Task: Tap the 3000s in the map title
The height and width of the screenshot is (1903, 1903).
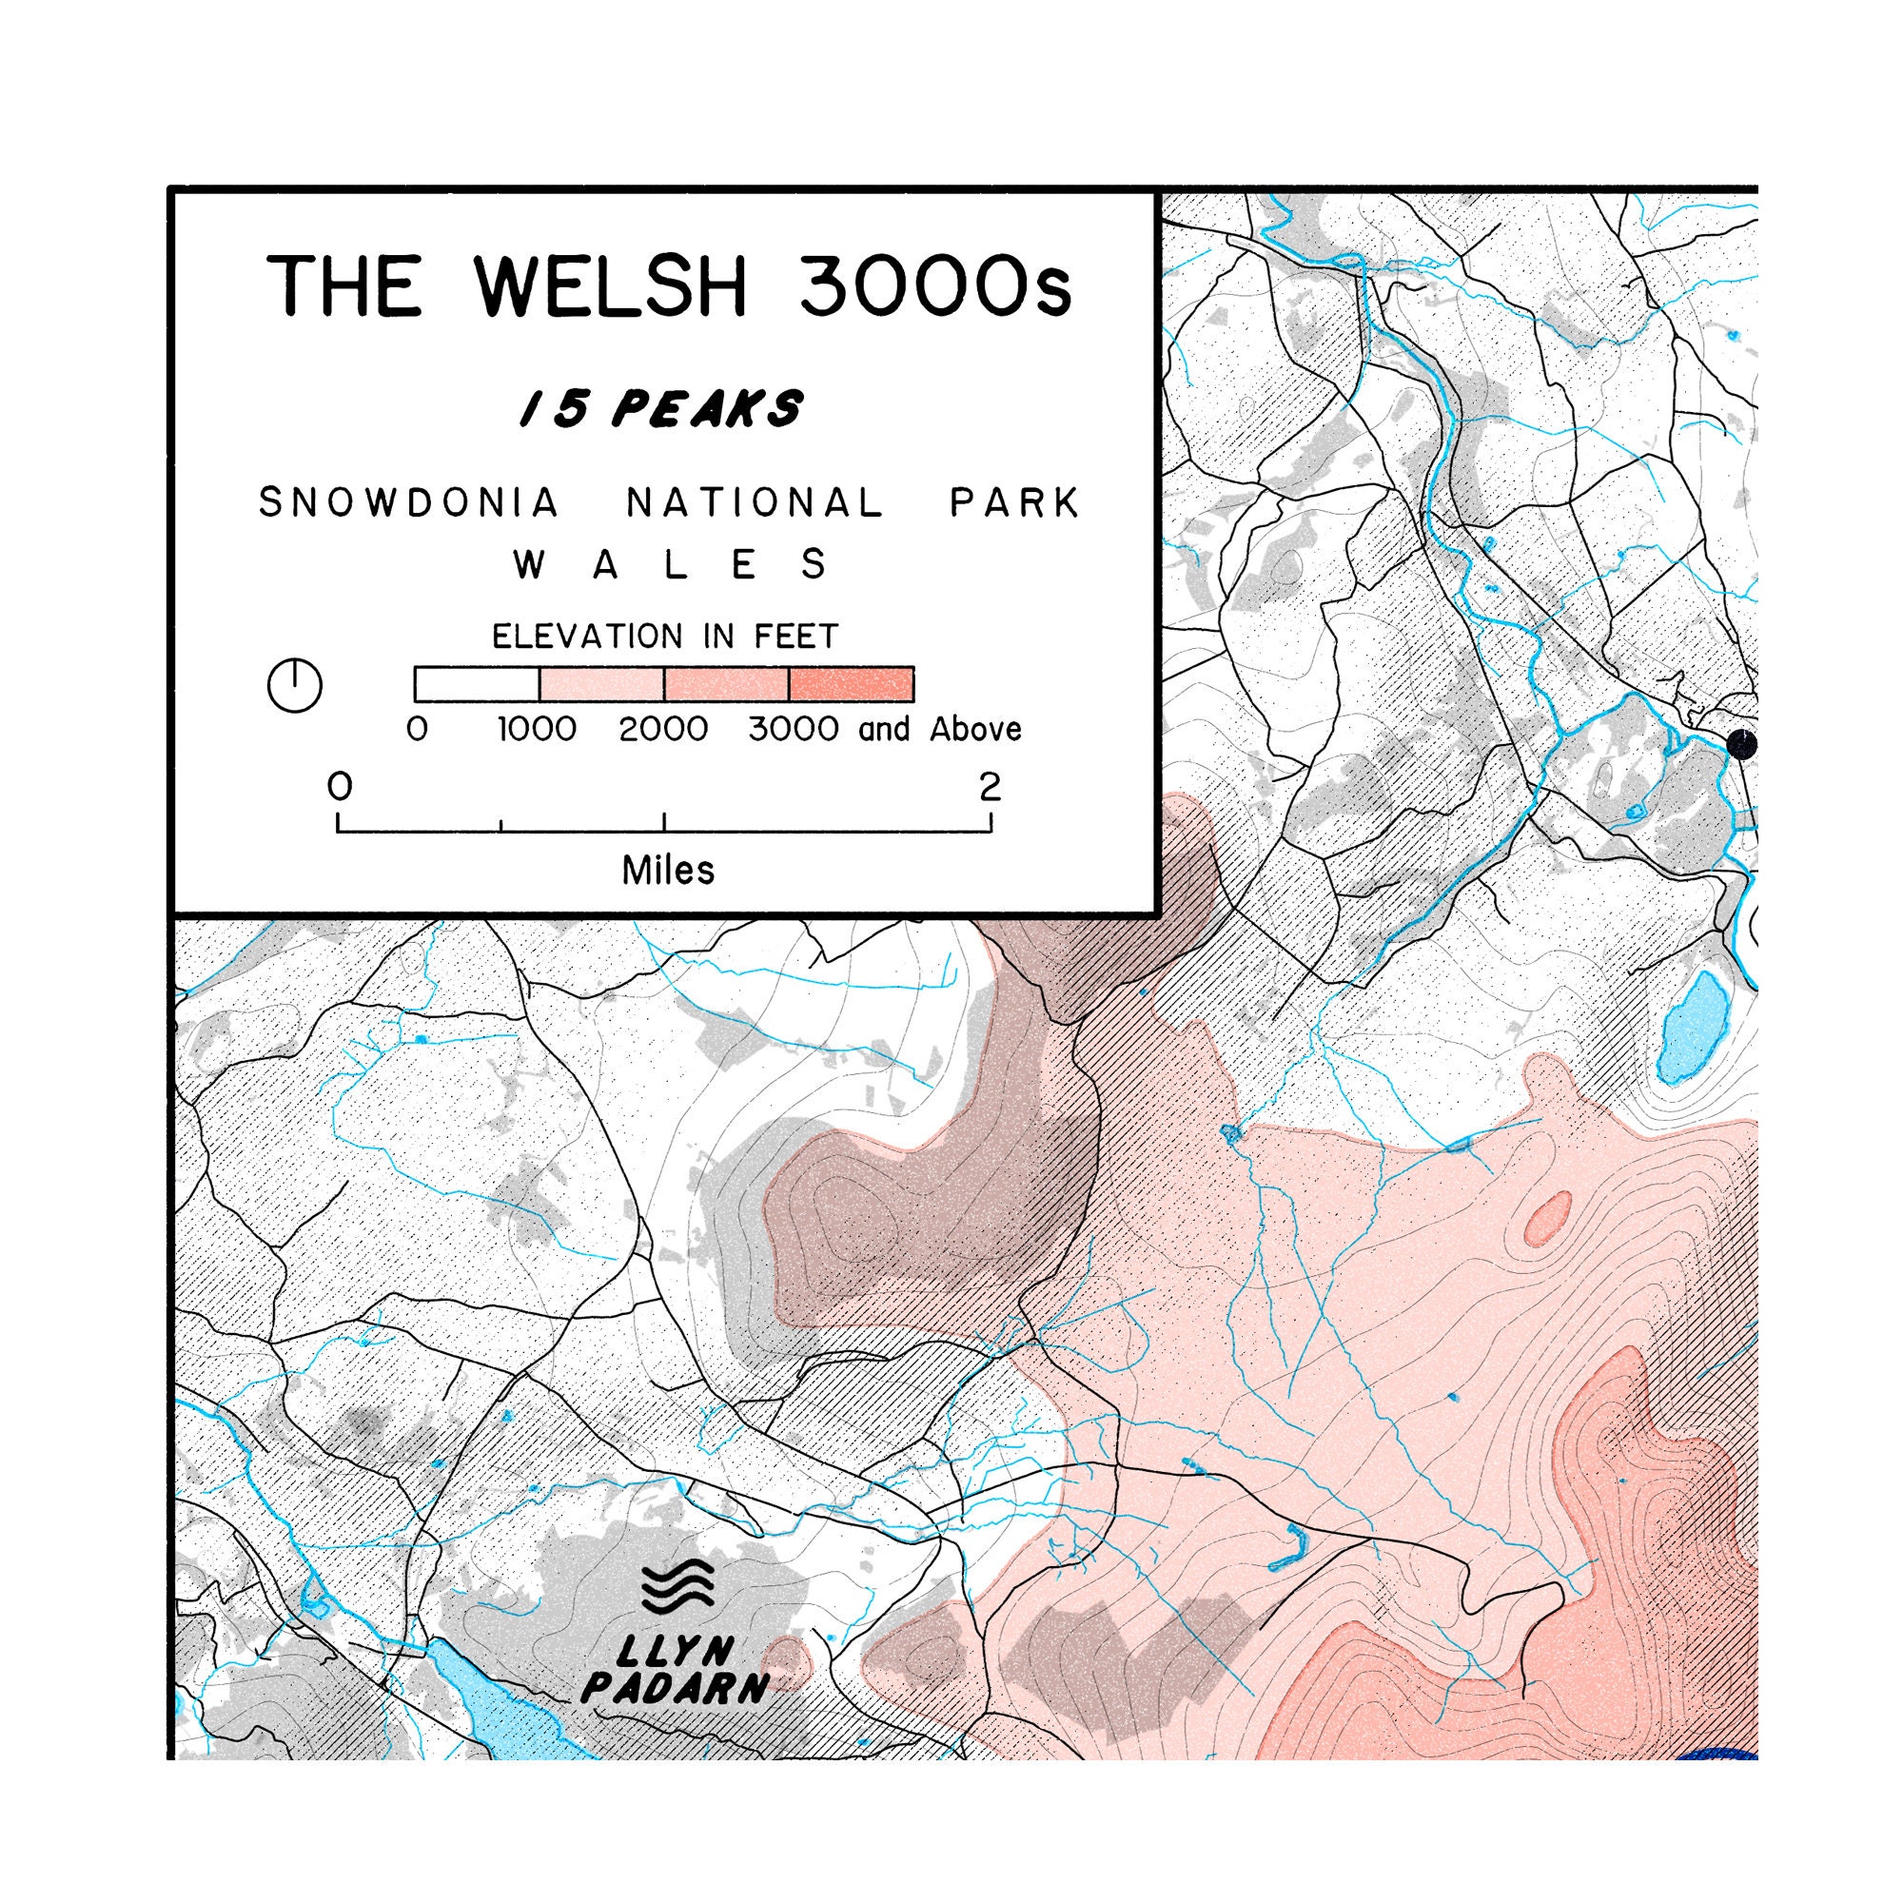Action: pyautogui.click(x=933, y=286)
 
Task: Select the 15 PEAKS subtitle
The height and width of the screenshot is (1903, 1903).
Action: pyautogui.click(x=662, y=409)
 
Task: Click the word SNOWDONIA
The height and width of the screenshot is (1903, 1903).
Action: pyautogui.click(x=409, y=503)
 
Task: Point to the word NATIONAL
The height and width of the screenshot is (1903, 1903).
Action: pyautogui.click(x=755, y=503)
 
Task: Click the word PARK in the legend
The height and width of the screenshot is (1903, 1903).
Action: pyautogui.click(x=1014, y=503)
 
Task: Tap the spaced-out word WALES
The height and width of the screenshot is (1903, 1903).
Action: pyautogui.click(x=670, y=565)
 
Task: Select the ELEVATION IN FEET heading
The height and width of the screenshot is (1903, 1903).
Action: pyautogui.click(x=665, y=637)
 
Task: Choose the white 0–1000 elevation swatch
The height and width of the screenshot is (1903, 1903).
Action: pyautogui.click(x=477, y=683)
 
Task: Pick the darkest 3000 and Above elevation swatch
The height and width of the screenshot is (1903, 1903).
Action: pyautogui.click(x=851, y=683)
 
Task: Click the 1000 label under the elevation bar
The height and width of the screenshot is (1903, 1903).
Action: pyautogui.click(x=537, y=730)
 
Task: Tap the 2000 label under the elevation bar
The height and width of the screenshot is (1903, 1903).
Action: pyautogui.click(x=663, y=730)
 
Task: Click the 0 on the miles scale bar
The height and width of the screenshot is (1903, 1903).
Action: pyautogui.click(x=340, y=787)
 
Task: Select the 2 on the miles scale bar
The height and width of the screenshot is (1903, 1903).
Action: pyautogui.click(x=989, y=787)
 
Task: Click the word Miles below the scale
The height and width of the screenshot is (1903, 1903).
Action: pyautogui.click(x=668, y=871)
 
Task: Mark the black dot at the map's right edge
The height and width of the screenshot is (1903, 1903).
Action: pyautogui.click(x=1741, y=744)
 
